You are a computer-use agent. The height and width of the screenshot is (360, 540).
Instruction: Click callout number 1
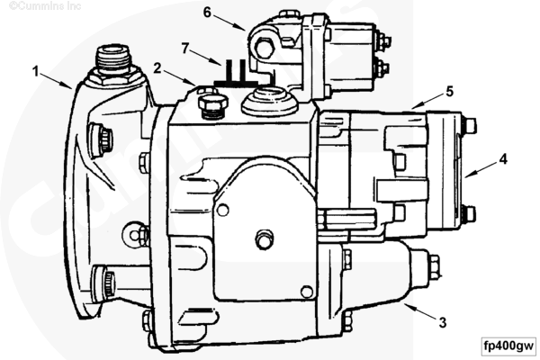point(35,71)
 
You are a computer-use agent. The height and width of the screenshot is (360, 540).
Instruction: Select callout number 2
point(157,68)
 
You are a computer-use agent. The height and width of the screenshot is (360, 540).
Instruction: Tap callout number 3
point(443,322)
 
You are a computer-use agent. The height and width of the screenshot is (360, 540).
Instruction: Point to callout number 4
point(503,159)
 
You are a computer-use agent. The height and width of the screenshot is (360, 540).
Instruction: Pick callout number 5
point(449,91)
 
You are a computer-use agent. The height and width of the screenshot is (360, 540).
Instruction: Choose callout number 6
point(207,13)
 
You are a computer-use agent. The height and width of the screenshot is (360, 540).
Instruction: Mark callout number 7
point(185,49)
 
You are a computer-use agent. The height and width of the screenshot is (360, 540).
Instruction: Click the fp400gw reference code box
point(508,346)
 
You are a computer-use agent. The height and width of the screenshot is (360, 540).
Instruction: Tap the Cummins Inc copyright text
point(45,6)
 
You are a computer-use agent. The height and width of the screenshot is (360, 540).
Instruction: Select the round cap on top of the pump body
point(270,99)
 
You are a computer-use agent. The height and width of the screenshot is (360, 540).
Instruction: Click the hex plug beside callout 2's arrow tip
point(212,105)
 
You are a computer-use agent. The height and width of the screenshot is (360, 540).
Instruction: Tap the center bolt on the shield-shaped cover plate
point(265,238)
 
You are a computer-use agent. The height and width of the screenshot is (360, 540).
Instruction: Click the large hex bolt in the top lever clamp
point(264,47)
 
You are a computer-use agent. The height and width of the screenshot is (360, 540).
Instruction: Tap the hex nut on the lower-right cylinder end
point(434,265)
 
